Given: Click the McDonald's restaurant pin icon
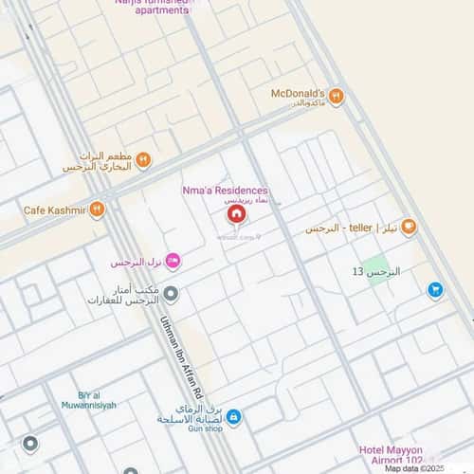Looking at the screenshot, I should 336,97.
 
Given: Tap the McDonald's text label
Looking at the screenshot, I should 298,94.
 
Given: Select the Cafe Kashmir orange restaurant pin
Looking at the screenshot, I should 97,210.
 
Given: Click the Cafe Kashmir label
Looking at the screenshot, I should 54,210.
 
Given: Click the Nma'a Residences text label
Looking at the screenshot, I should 225,191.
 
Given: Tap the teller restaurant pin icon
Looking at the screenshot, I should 409,227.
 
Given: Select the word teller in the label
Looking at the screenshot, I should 361,228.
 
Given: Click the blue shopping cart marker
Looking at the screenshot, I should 435,290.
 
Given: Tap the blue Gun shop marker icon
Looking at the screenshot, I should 233,417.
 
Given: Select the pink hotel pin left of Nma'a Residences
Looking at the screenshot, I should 173,261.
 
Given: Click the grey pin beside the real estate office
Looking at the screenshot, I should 171,293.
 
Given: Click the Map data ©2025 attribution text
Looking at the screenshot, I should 413,468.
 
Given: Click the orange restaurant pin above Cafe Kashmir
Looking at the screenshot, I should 143,160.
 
